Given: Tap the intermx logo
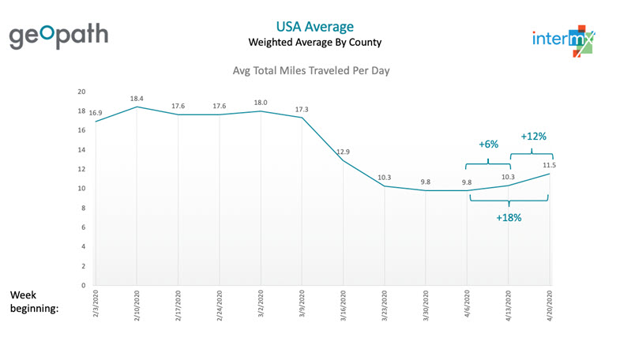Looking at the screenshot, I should point(563,38).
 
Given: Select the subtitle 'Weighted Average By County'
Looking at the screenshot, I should point(310,41).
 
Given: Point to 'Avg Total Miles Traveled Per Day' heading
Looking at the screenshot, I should point(310,71).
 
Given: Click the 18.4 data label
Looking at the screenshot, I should point(137,98).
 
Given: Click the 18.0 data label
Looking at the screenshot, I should point(260,102).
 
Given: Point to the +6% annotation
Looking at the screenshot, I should point(489,145).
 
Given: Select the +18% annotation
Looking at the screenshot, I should point(509,217).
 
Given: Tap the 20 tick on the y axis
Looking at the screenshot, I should point(81,92).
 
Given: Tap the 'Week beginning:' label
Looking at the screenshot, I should point(34,302).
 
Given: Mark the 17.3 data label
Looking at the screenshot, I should point(301,108).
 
